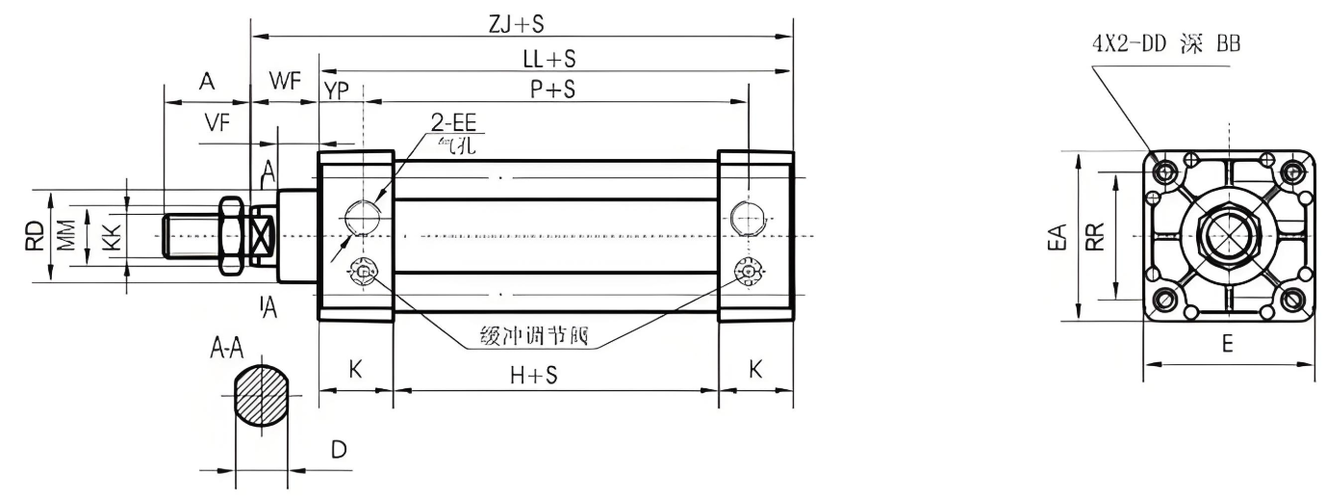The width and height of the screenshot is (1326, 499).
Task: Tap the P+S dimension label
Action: [552, 90]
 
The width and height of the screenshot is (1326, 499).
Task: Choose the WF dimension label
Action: [284, 81]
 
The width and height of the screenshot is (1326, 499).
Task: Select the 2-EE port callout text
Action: [455, 124]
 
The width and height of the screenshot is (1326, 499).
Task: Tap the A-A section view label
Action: [227, 350]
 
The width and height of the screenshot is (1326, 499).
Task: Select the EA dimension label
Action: [1058, 236]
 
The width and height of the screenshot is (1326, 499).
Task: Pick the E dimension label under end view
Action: [1228, 344]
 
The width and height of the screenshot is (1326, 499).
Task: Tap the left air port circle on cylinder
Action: [363, 217]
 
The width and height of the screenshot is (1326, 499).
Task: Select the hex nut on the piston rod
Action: [230, 235]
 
